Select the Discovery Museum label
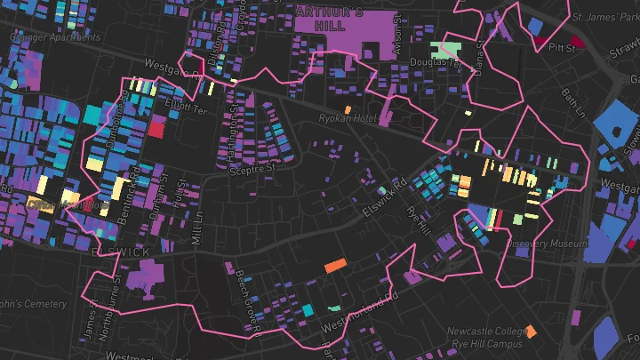(x=548, y=244)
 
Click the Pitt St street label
(x=563, y=48)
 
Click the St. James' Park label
(x=604, y=17)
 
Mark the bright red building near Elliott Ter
(x=156, y=129)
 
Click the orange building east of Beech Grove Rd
(x=335, y=265)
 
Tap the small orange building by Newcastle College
(x=531, y=332)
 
